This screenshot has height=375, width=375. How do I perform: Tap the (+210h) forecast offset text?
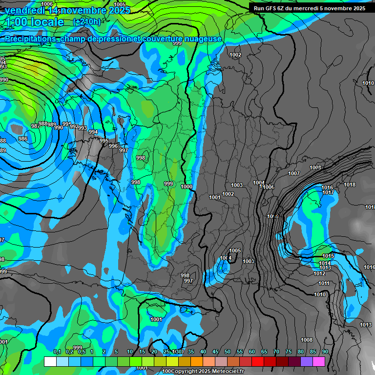pos(86,22)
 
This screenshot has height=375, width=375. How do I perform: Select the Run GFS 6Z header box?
pos(310,8)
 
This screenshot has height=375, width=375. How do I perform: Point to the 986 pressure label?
pos(23,139)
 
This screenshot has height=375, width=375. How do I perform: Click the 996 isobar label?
pos(113,146)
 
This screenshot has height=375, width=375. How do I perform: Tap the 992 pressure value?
pos(74,126)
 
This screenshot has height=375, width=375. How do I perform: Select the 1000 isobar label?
pos(186,187)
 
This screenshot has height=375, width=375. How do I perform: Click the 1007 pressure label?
pos(294,173)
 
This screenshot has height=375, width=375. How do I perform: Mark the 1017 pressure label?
pos(328,192)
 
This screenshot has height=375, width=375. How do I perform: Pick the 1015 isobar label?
pos(328,256)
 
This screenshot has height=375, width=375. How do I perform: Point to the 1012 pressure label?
pos(319,273)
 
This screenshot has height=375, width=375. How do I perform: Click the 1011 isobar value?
pos(324,283)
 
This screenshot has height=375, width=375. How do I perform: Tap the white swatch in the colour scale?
pos(50,361)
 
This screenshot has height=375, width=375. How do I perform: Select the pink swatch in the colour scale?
pos(319,361)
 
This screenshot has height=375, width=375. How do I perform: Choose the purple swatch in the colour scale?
pos(307,361)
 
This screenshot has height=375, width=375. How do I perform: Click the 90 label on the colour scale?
pos(325,352)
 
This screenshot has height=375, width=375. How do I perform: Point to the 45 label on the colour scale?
pos(215,352)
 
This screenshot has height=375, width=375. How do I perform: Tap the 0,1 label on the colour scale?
pos(57,352)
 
